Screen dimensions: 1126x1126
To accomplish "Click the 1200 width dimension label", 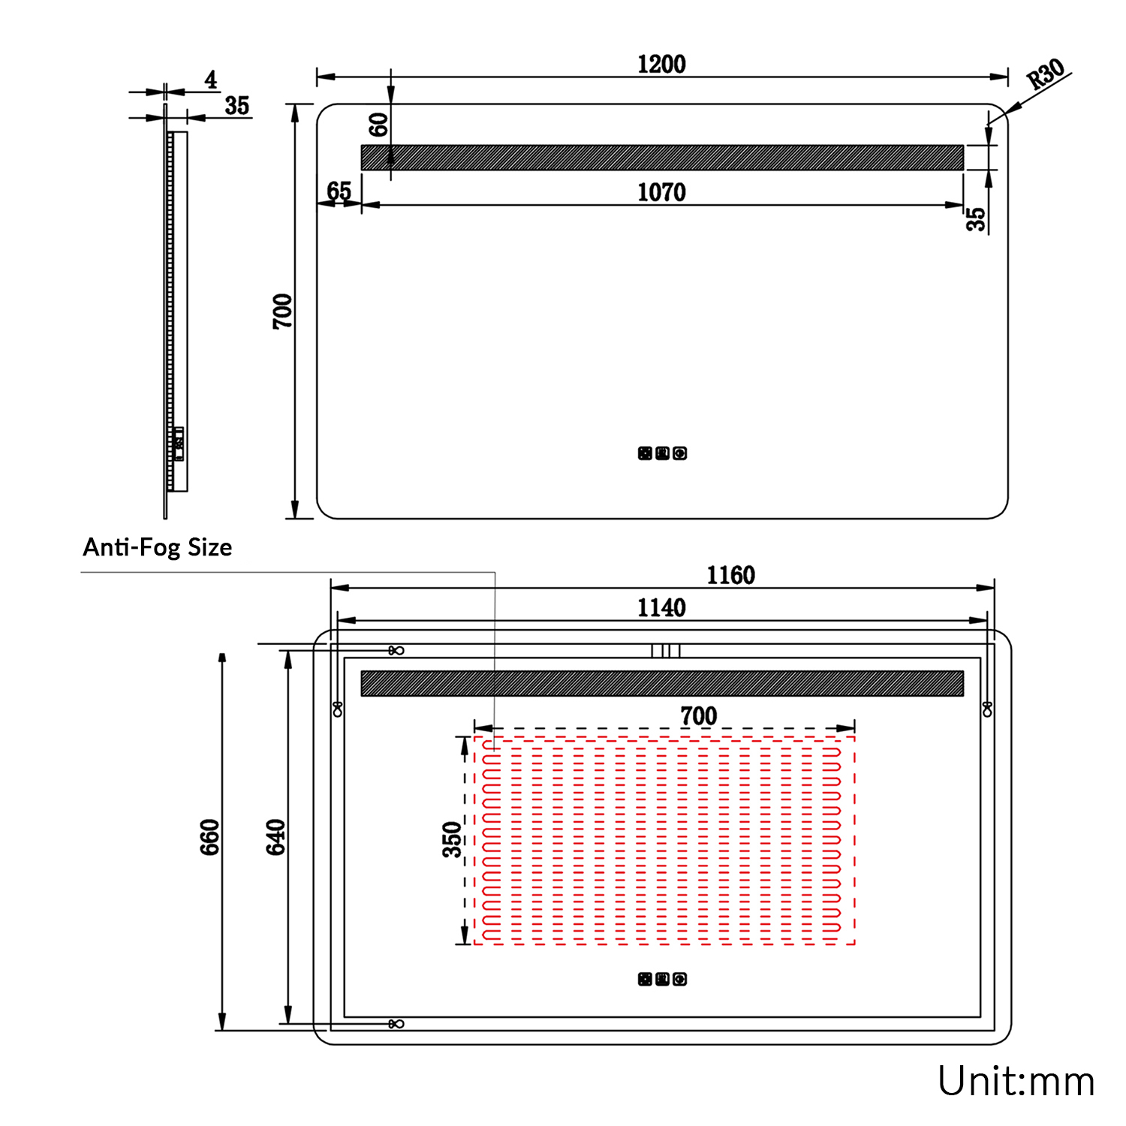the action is pyautogui.click(x=661, y=64).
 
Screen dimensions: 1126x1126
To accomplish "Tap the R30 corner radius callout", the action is pyautogui.click(x=1046, y=74).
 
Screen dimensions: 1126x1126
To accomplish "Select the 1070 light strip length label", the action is pyautogui.click(x=661, y=192).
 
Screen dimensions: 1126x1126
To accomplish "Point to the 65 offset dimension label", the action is pyautogui.click(x=339, y=191).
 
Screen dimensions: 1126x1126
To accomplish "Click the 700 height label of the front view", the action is pyautogui.click(x=283, y=311).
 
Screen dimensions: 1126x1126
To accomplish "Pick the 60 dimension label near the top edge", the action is pyautogui.click(x=379, y=125).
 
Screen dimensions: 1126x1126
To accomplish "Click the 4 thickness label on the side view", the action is pyautogui.click(x=211, y=80).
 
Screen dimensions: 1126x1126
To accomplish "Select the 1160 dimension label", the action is pyautogui.click(x=730, y=575).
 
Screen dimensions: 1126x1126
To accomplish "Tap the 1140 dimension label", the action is pyautogui.click(x=661, y=607).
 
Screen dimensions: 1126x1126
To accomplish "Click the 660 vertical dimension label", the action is pyautogui.click(x=210, y=836).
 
